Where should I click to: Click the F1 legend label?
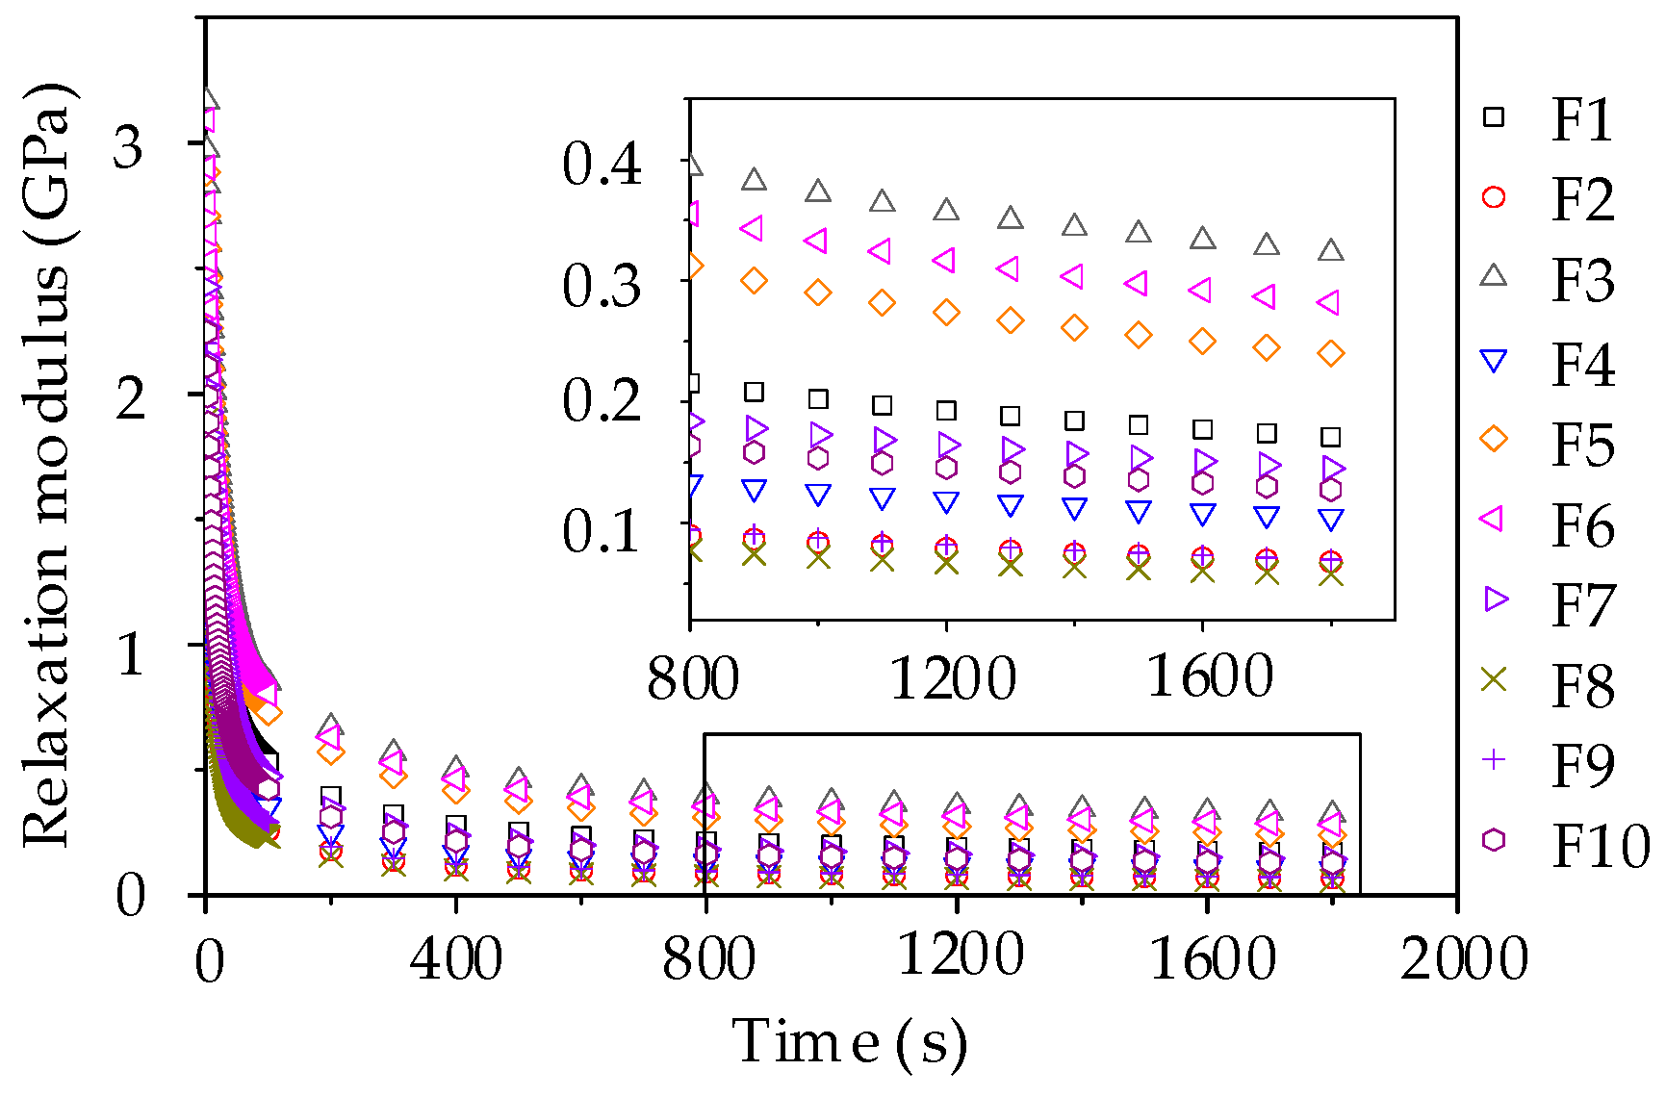1581,120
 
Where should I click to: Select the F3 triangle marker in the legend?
1493,276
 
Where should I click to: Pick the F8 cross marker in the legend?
1493,680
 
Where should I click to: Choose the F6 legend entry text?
1581,524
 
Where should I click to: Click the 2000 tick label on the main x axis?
1463,959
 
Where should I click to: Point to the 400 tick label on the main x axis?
455,959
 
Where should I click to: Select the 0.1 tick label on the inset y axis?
602,530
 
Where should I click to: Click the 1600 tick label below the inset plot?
1210,676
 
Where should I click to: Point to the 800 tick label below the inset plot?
692,678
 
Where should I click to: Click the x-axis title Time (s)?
849,1043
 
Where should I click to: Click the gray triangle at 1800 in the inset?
1331,251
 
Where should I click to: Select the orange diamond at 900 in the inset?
754,281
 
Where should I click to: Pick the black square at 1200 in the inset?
946,410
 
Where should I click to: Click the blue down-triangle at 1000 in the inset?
818,496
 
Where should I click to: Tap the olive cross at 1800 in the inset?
1331,574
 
